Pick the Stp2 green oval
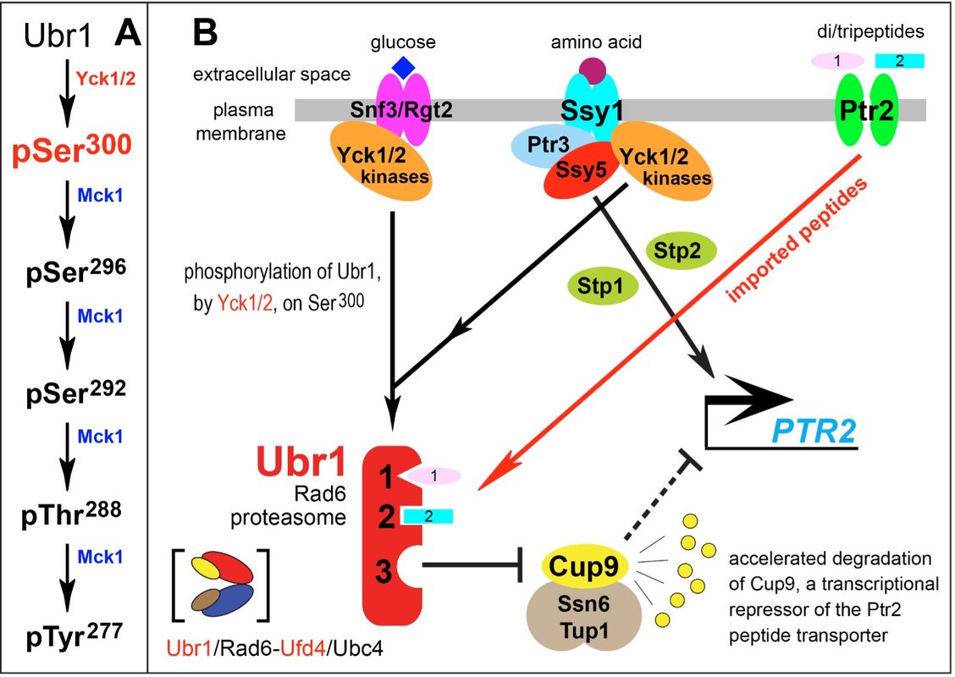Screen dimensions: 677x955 (x=681, y=250)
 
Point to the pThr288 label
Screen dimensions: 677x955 (x=71, y=514)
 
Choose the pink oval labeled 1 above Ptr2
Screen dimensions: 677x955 (x=836, y=61)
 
